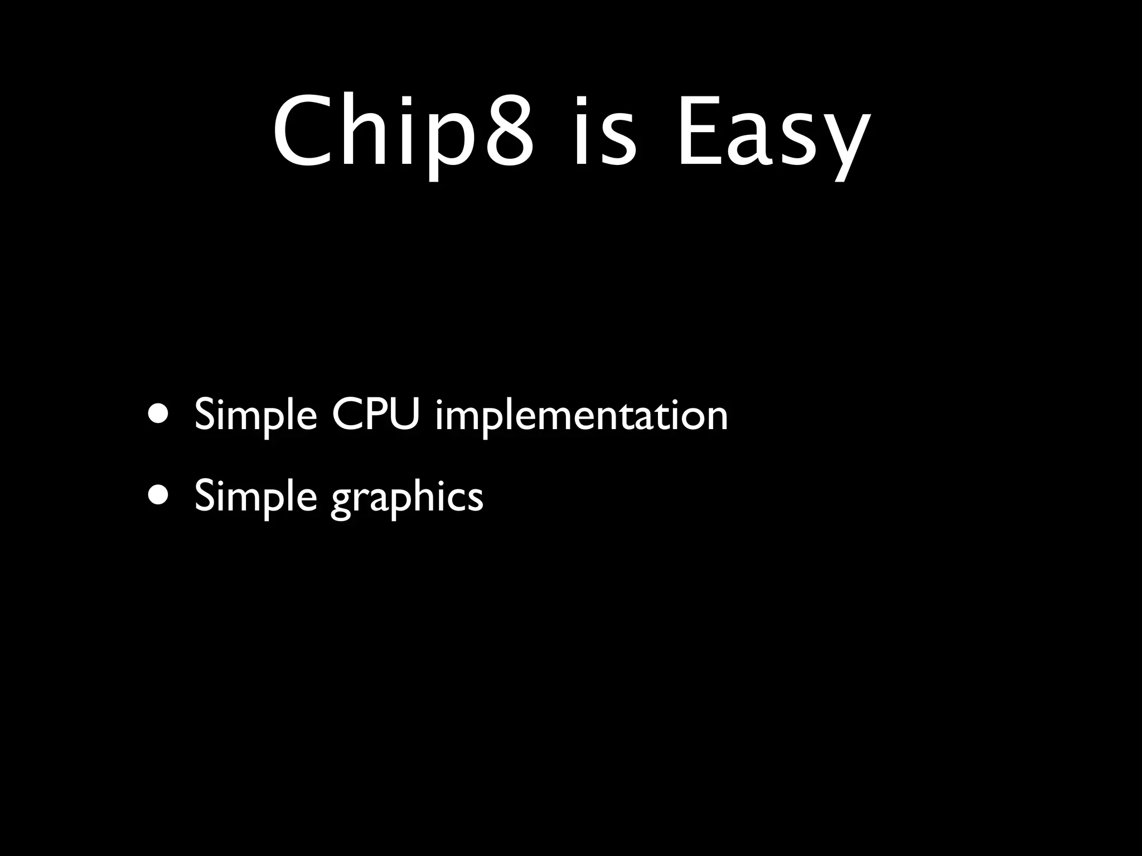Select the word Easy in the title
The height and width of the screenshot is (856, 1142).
coord(772,134)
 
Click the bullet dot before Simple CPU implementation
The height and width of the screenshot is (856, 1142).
coord(160,415)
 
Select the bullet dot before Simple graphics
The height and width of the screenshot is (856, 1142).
coord(160,495)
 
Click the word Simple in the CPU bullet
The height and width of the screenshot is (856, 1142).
coord(256,416)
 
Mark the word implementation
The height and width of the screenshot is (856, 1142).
coord(581,416)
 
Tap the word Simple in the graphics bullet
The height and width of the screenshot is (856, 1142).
coord(256,497)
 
